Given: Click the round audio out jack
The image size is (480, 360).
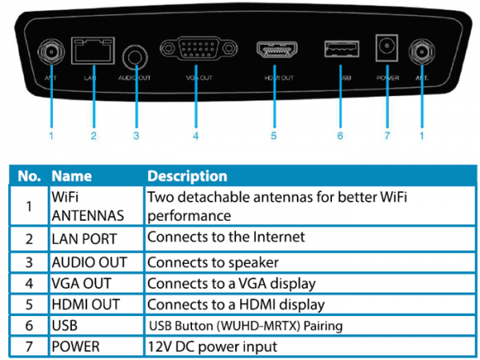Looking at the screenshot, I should coord(136,56).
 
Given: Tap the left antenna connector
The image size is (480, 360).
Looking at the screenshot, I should coord(50,54).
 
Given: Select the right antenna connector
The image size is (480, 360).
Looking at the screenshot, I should coord(421,54).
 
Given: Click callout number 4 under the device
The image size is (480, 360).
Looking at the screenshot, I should coord(195,136).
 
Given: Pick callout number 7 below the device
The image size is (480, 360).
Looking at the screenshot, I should coord(386,136).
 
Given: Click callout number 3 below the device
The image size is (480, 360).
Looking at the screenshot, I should coord(136,136).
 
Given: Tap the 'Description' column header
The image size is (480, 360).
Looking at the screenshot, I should coord(187,176).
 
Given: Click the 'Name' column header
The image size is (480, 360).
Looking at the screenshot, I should coord(71,176).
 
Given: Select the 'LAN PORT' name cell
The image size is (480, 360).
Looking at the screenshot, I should coord(84,238).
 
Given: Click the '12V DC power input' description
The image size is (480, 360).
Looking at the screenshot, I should coord(212,346).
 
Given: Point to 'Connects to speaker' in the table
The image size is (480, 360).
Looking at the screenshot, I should coord(213,262).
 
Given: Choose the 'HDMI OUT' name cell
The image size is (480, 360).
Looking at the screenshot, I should coord(86,304).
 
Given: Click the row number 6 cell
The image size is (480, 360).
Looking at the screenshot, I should coord(29,325).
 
